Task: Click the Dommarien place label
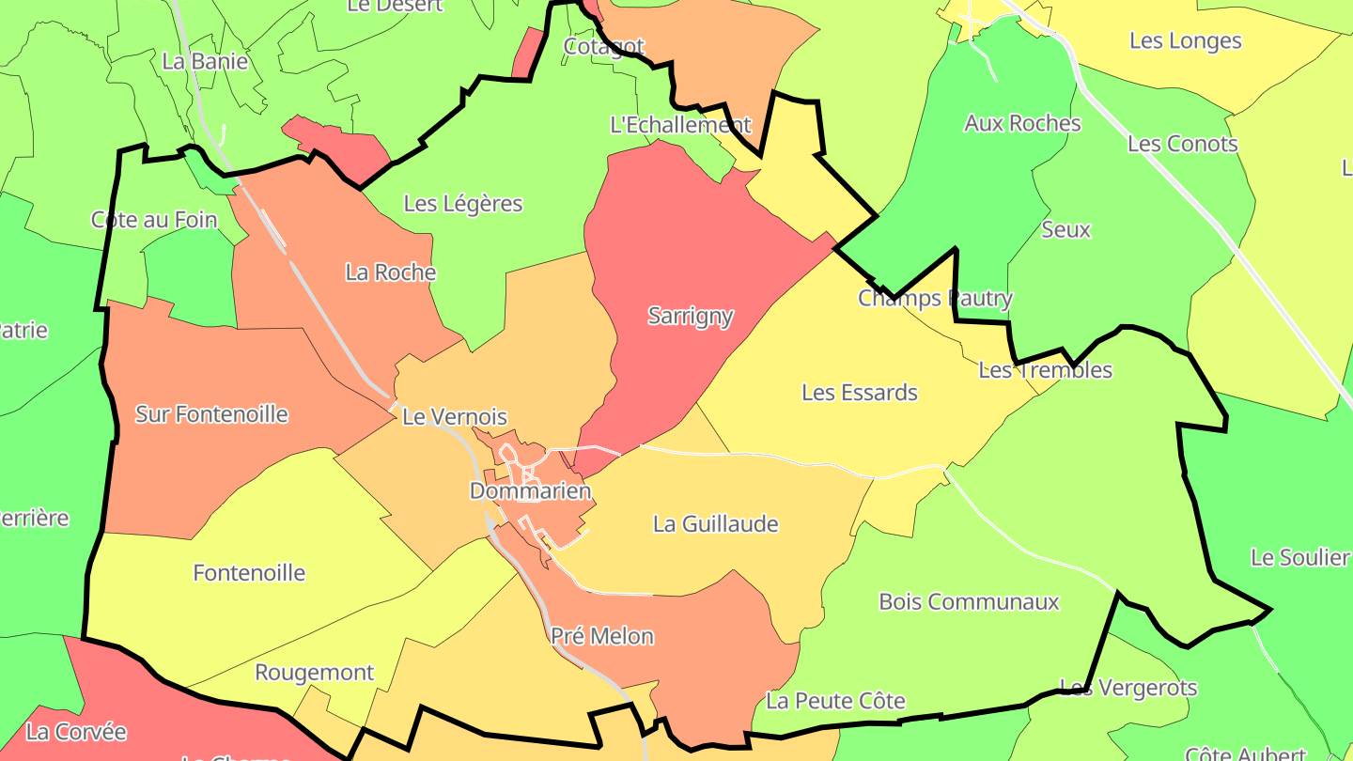530,490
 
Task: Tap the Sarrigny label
691,316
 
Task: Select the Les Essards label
860,392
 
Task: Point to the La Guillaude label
716,523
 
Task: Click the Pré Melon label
602,636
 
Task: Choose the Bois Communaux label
969,601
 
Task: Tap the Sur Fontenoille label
211,414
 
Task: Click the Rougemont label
315,673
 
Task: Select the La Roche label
391,272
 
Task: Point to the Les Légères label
463,203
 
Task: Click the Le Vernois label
455,417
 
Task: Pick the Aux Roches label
1022,123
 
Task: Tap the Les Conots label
1183,144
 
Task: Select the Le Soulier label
1299,557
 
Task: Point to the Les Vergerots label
1128,688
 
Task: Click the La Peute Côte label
835,701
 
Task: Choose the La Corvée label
76,731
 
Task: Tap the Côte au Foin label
154,220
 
